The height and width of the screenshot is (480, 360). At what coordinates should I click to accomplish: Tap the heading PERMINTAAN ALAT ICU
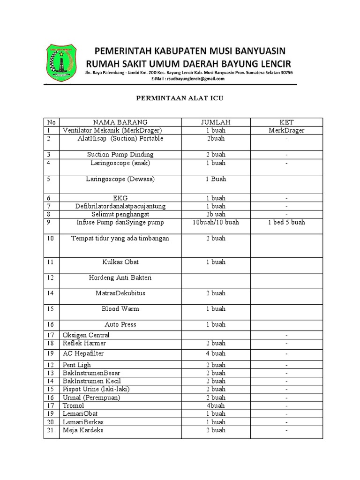pyautogui.click(x=180, y=99)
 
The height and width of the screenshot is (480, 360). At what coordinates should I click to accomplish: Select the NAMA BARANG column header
pyautogui.click(x=120, y=122)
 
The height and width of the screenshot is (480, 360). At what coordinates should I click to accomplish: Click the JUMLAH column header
pyautogui.click(x=216, y=122)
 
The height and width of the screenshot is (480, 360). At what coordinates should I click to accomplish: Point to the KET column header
pyautogui.click(x=286, y=122)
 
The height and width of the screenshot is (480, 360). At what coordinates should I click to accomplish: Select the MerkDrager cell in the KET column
pyautogui.click(x=286, y=130)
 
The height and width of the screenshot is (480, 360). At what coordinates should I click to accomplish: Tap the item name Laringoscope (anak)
pyautogui.click(x=120, y=163)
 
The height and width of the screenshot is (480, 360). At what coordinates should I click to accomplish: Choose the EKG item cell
pyautogui.click(x=120, y=198)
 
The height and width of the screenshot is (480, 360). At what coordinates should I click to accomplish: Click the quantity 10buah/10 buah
pyautogui.click(x=216, y=222)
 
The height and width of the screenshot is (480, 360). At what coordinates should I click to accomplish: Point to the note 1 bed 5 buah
pyautogui.click(x=286, y=222)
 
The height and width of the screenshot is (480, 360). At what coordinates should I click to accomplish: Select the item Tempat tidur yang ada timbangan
pyautogui.click(x=120, y=238)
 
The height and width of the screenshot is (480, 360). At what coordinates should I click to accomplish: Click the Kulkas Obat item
pyautogui.click(x=120, y=262)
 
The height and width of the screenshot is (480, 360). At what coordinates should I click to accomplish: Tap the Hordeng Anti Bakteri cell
pyautogui.click(x=120, y=278)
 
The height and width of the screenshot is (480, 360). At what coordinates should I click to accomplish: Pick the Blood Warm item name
pyautogui.click(x=120, y=309)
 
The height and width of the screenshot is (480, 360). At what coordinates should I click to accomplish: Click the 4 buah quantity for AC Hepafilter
pyautogui.click(x=216, y=353)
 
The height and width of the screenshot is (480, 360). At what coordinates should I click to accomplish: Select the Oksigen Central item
pyautogui.click(x=86, y=335)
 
